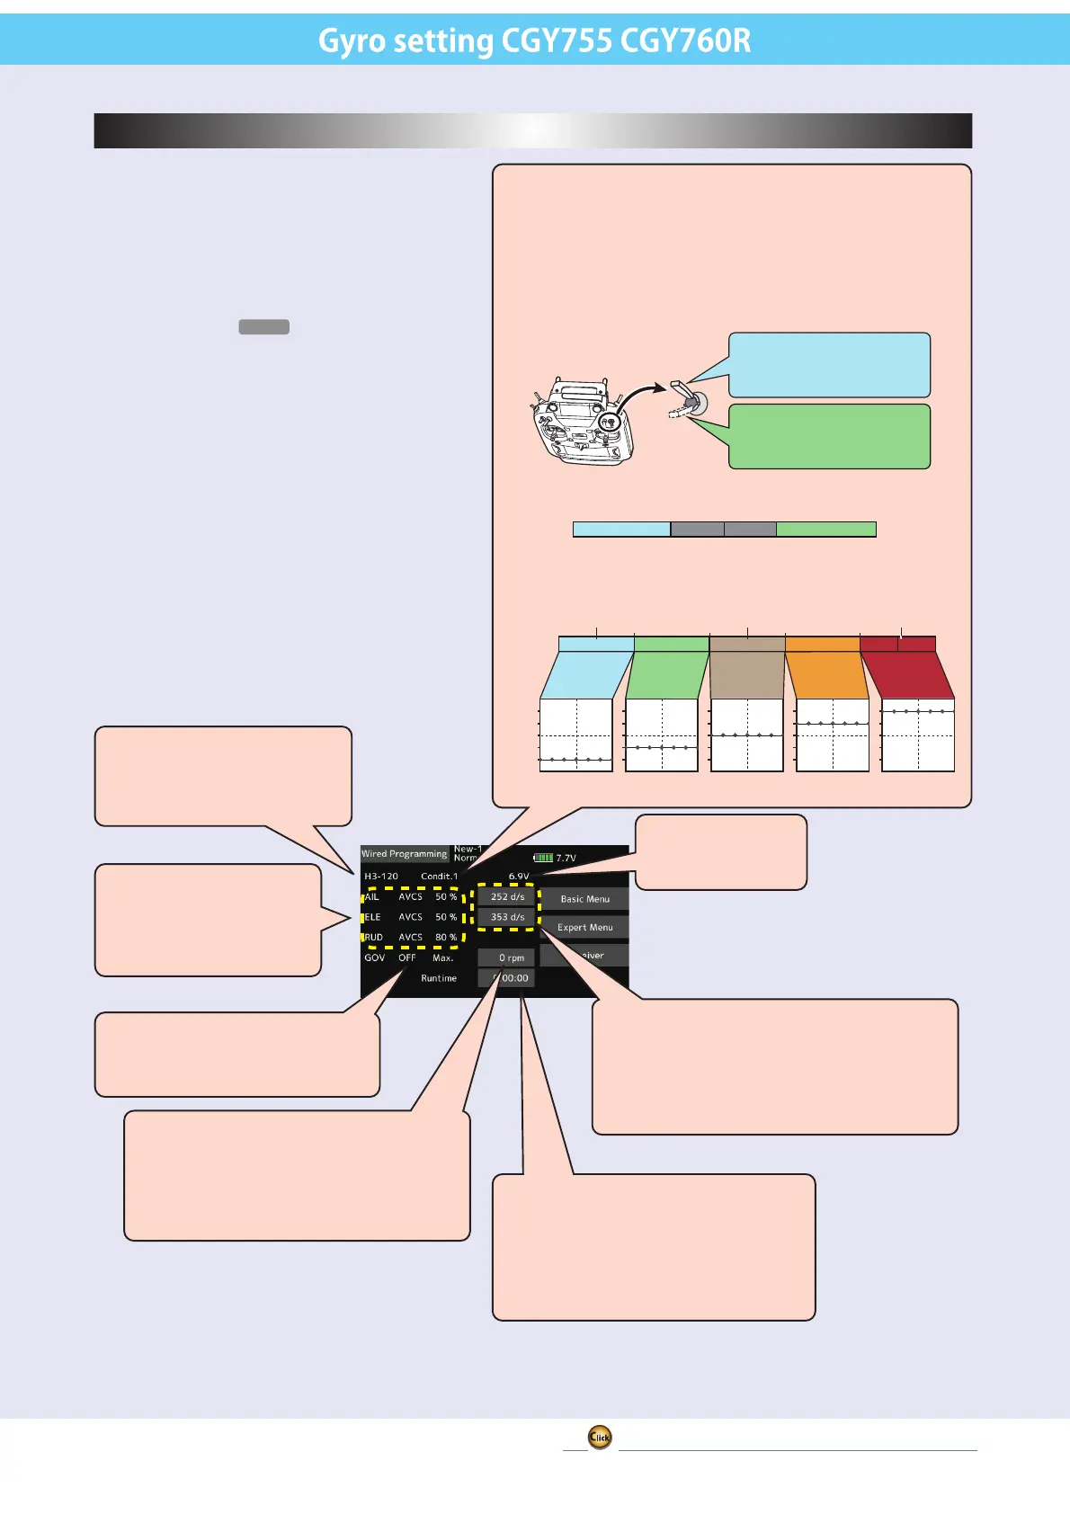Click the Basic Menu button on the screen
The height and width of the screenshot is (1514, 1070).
click(x=584, y=899)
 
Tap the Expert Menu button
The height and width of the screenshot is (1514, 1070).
click(x=584, y=927)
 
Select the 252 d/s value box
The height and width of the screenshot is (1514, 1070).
click(x=507, y=896)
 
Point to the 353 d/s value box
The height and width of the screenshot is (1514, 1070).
click(x=507, y=917)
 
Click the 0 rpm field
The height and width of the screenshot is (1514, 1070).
click(x=507, y=957)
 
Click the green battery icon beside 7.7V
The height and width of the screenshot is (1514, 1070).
click(x=543, y=858)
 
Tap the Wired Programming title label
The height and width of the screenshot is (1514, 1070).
click(x=404, y=854)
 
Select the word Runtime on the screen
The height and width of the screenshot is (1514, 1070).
click(x=439, y=978)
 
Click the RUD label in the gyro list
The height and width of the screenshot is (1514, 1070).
click(x=374, y=937)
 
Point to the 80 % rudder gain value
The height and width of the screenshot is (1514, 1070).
click(x=446, y=937)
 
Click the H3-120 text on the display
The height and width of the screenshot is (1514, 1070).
click(x=381, y=876)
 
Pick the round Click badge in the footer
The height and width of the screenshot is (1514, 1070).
click(x=600, y=1437)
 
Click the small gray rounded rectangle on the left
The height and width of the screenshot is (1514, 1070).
click(x=263, y=326)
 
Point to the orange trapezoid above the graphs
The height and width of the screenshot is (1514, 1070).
click(x=825, y=674)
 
